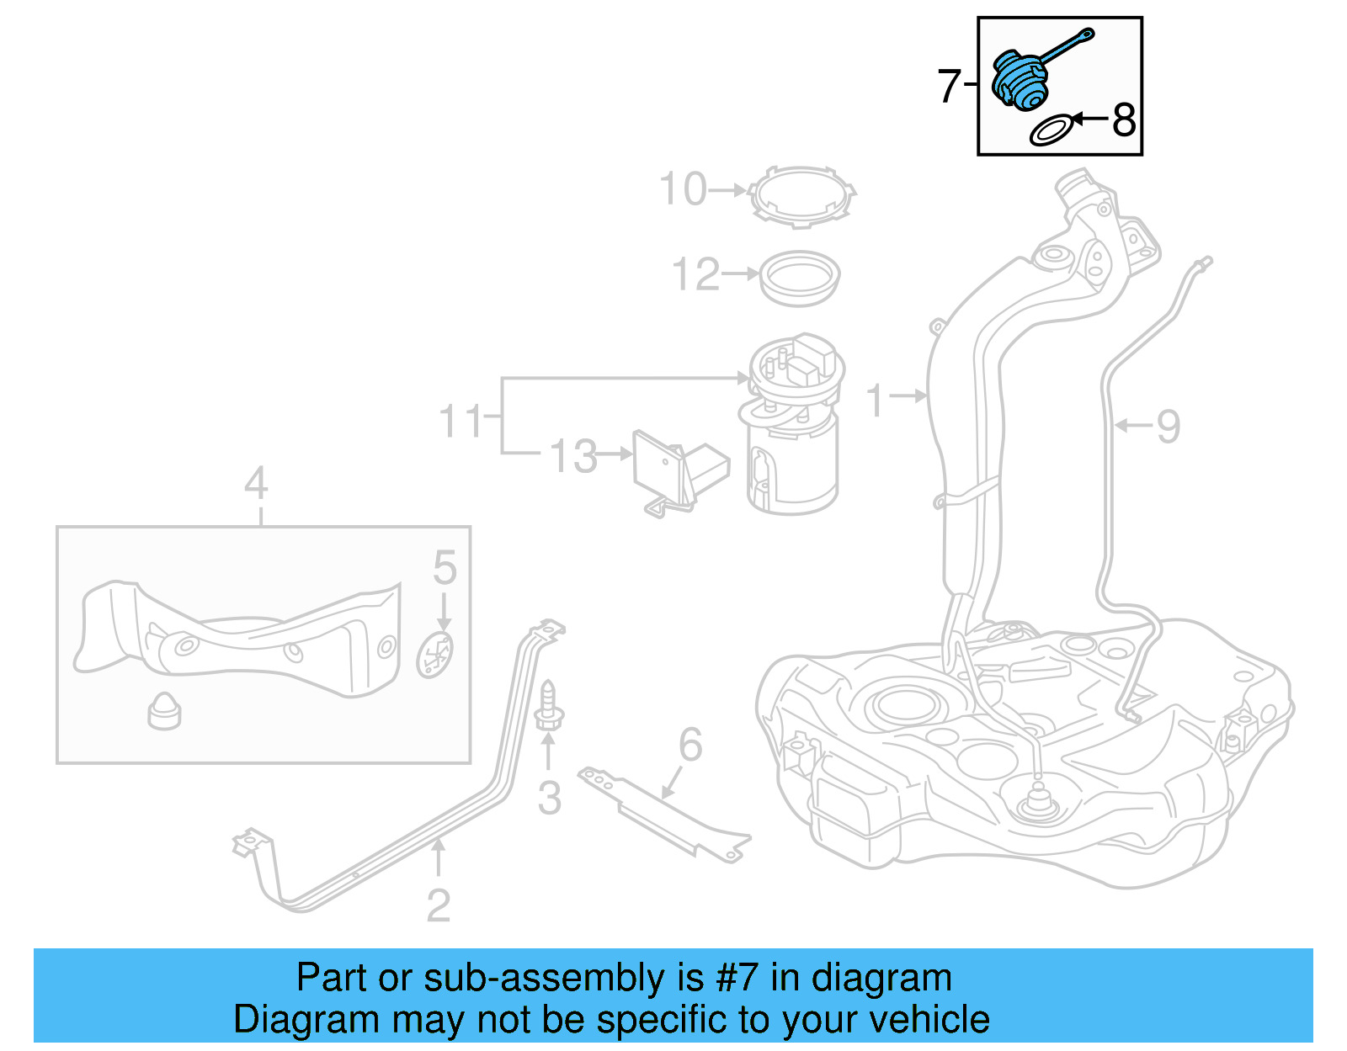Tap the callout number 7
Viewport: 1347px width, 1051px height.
949,87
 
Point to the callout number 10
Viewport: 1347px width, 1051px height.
683,188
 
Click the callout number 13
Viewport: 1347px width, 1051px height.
573,455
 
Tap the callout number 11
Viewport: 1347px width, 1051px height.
461,421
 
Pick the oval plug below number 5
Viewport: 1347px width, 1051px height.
434,656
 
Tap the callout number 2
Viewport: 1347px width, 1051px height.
439,905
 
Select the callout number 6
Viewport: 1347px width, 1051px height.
690,745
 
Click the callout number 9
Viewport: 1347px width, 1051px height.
1169,427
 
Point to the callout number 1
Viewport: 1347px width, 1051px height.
876,401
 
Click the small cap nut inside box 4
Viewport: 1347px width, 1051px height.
164,711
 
